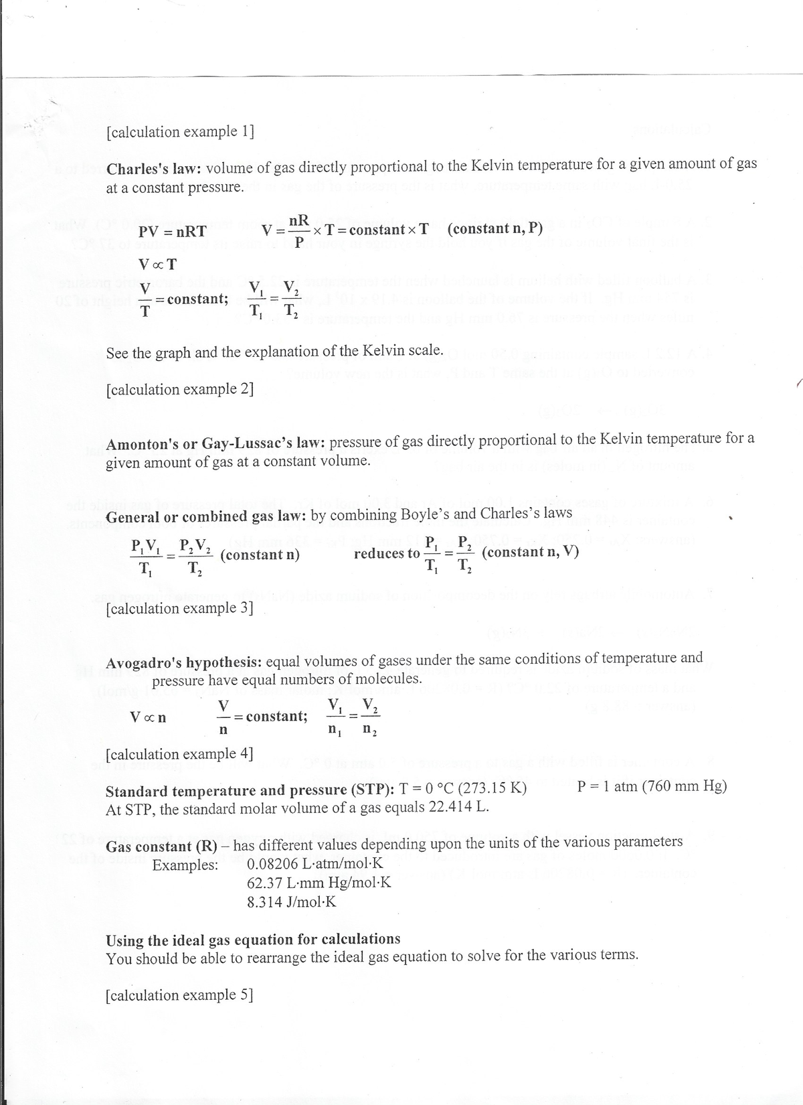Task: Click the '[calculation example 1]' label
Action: (180, 131)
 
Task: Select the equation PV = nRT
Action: (172, 232)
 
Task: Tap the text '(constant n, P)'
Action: (495, 228)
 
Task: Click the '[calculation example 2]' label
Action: (180, 389)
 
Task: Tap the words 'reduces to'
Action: (386, 553)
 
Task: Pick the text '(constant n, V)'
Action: (530, 552)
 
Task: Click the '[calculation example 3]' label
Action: (180, 608)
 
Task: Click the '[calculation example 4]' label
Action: (180, 753)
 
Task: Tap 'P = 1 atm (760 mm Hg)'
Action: (651, 786)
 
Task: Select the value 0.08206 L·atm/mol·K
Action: (315, 863)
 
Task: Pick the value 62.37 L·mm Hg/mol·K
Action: (319, 882)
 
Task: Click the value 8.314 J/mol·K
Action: (291, 901)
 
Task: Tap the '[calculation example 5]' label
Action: (180, 994)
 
